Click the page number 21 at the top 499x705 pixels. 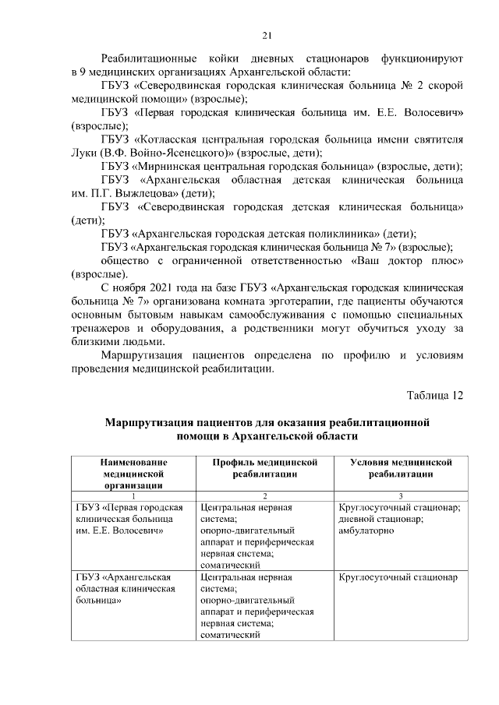coord(267,36)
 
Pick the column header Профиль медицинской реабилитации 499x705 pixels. coord(266,467)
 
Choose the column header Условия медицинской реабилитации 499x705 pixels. coord(401,467)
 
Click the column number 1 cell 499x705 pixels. coord(133,496)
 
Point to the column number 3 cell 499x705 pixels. coord(401,496)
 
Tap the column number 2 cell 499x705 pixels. coord(266,496)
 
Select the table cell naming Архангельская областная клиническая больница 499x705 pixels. coord(125,590)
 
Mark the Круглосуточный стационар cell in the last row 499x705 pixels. coord(398,578)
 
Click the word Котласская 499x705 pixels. coord(172,139)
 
